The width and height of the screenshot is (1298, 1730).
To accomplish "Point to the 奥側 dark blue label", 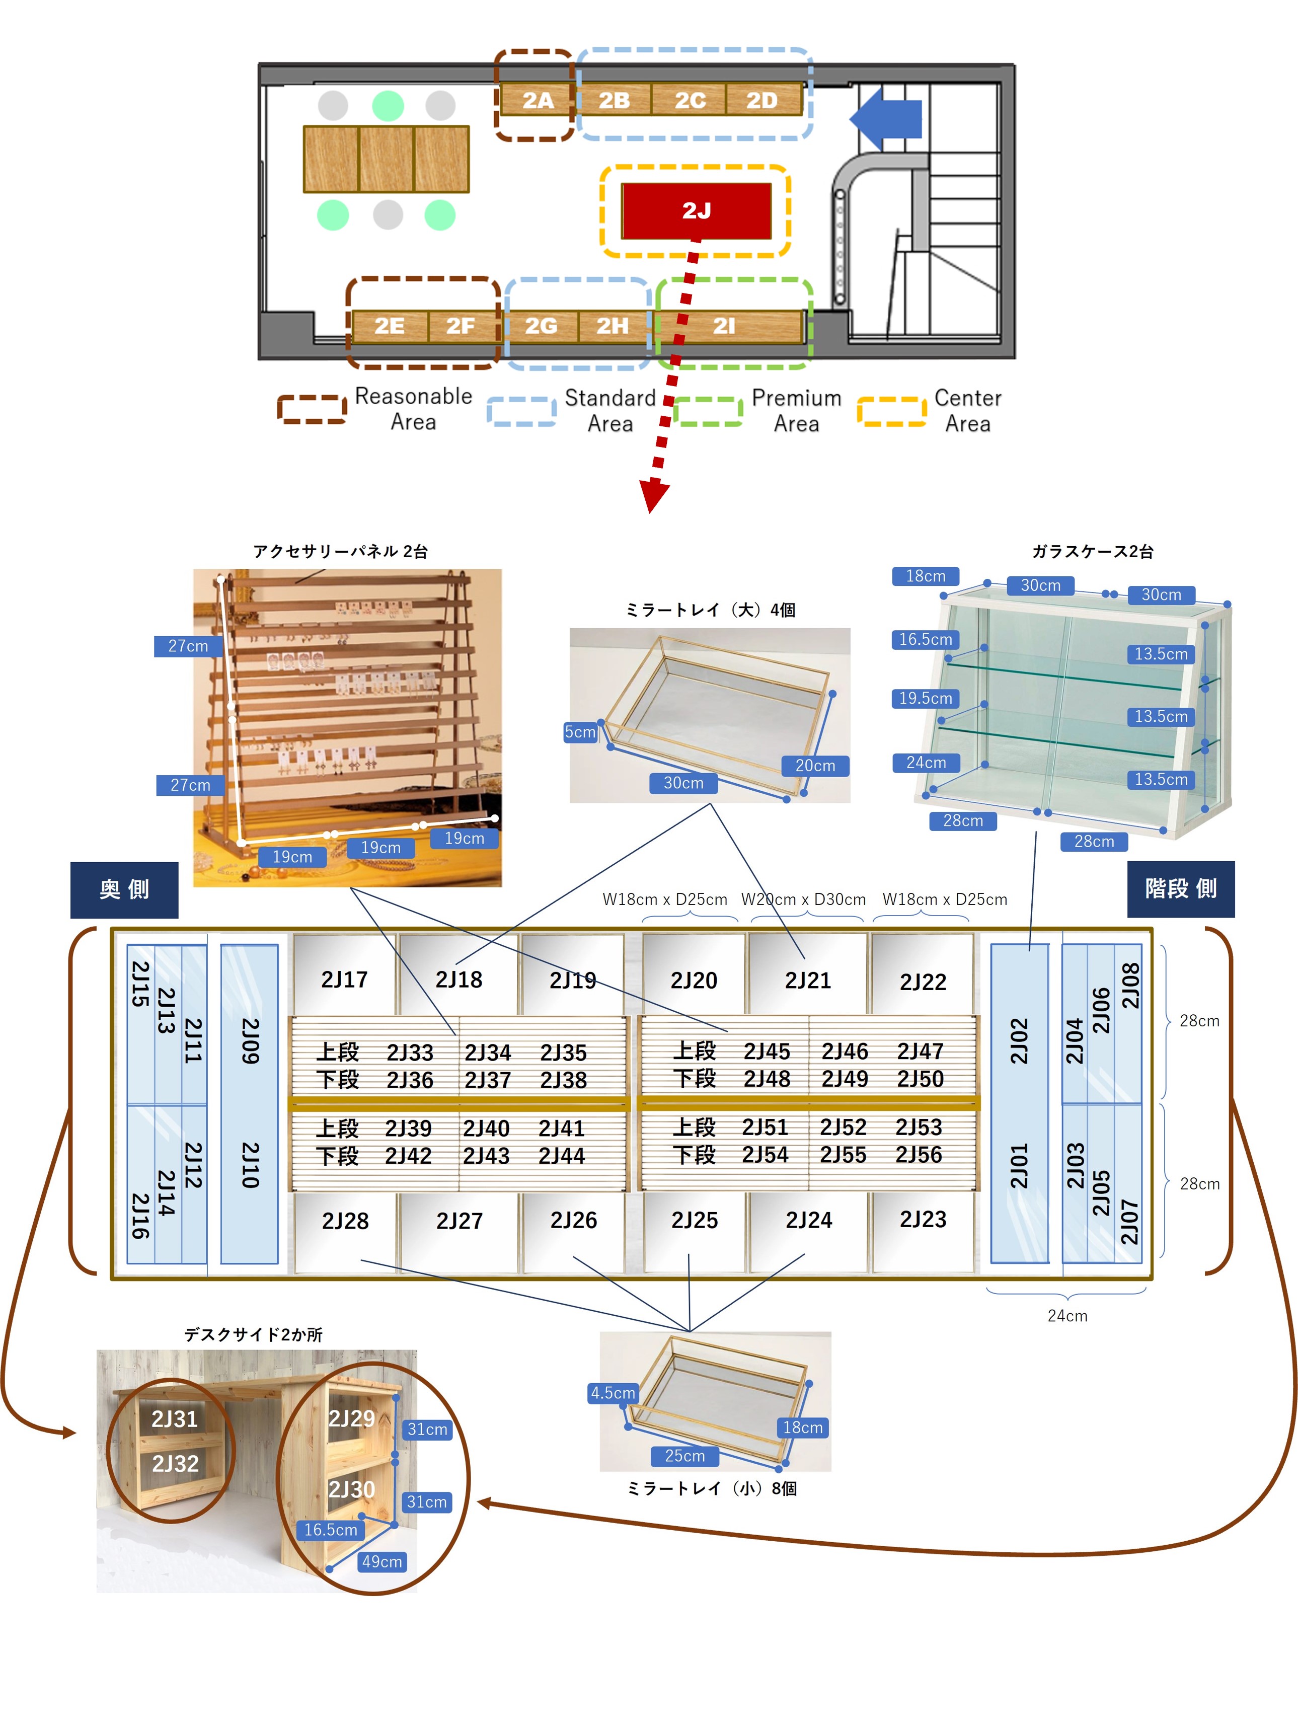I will (x=124, y=889).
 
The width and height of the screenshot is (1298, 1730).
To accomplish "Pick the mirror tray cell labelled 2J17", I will (x=344, y=979).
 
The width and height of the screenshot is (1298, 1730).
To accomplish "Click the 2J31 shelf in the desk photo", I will (x=174, y=1419).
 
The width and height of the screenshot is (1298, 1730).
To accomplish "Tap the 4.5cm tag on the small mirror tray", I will (x=613, y=1393).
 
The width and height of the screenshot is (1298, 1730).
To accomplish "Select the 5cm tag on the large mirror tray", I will (x=580, y=732).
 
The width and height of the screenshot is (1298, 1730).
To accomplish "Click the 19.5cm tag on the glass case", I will (x=925, y=698).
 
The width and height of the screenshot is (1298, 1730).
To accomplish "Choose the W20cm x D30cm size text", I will (x=803, y=899).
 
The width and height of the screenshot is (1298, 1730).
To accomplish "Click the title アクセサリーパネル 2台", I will (x=340, y=551).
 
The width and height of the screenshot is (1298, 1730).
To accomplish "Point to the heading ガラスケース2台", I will (x=1092, y=551).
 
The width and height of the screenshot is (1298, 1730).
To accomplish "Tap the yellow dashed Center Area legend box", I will (x=891, y=411).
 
